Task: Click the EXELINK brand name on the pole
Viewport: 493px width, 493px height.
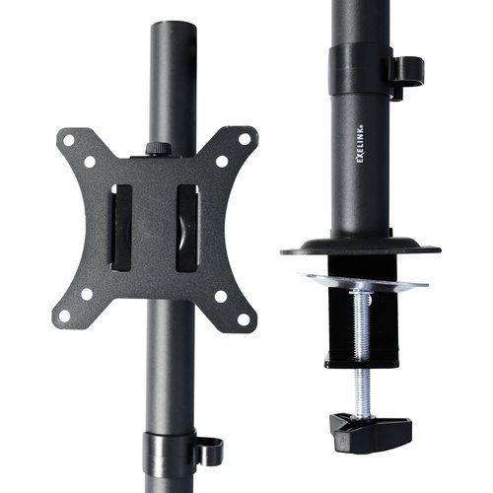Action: tap(360, 144)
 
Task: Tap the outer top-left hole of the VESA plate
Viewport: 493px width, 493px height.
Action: tap(69, 140)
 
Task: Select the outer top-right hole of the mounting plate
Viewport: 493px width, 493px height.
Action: tap(245, 139)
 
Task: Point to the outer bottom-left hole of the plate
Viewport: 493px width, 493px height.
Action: tap(65, 316)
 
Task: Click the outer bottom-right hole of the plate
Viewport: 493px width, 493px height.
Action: tap(244, 319)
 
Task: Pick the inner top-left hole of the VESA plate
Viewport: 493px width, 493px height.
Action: tap(90, 162)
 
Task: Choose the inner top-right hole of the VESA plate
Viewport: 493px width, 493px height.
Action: tap(222, 161)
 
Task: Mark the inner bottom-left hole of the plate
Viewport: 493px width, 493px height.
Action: tap(87, 294)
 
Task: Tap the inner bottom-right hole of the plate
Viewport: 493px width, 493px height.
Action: tap(221, 297)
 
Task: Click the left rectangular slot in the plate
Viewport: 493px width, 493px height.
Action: tap(121, 228)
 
